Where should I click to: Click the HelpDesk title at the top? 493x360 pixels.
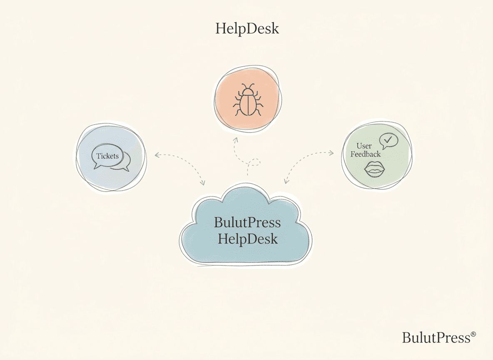tap(247, 29)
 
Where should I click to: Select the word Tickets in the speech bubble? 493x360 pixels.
tap(107, 156)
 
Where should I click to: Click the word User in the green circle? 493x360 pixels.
tap(364, 146)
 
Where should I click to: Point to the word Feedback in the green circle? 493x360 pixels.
tap(365, 154)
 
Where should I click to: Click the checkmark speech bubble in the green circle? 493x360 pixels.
tap(388, 140)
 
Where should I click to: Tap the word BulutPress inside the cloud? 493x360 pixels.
tap(247, 222)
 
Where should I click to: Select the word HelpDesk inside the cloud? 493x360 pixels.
tap(247, 239)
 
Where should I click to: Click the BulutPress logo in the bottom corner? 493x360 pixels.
tap(436, 337)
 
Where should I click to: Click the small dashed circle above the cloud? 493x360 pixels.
tap(254, 162)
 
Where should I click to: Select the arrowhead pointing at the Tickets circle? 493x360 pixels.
tap(156, 155)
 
